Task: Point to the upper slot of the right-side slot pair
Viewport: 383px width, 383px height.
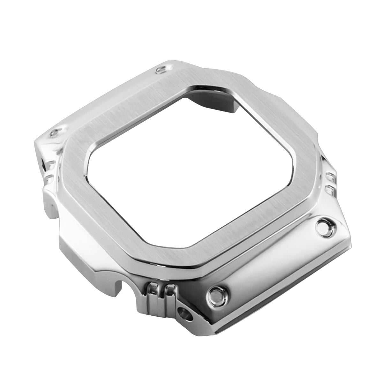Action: [330, 176]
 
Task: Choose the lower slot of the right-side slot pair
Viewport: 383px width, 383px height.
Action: [329, 190]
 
